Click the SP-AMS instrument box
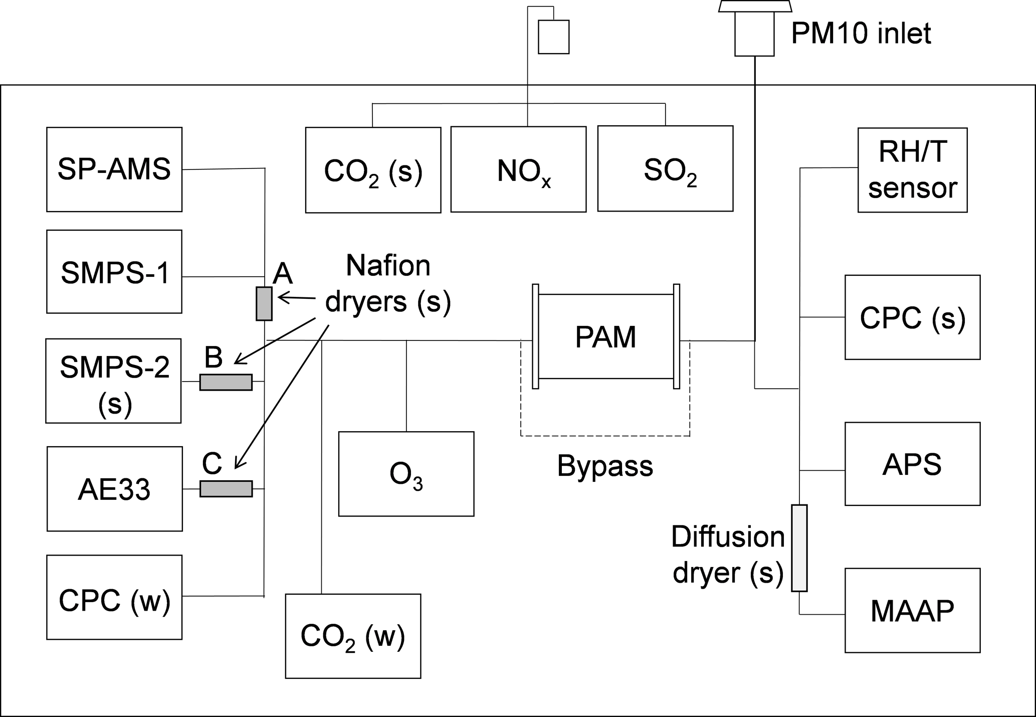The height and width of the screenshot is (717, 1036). [x=114, y=169]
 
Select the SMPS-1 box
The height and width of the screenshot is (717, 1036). [x=114, y=272]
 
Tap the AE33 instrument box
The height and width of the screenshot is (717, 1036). [x=115, y=489]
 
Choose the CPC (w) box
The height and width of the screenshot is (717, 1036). [x=114, y=597]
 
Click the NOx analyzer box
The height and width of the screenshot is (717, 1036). [x=518, y=169]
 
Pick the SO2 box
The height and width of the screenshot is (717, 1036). [x=665, y=168]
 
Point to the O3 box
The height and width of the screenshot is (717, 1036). [x=406, y=474]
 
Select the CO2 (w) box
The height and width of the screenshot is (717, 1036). [x=353, y=636]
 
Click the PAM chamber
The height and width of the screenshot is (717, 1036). [x=605, y=336]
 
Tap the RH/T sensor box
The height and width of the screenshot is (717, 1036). [x=912, y=170]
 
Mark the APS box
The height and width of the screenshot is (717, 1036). [x=912, y=464]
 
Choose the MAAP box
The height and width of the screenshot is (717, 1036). [x=912, y=610]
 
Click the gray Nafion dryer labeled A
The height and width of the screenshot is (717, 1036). [x=264, y=303]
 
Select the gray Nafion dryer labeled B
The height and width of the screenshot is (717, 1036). [x=226, y=382]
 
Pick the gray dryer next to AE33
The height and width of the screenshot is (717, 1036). [x=226, y=488]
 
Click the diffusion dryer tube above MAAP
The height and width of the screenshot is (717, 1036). [x=799, y=548]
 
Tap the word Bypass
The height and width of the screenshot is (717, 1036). [x=605, y=466]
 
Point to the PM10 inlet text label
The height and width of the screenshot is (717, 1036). [x=861, y=33]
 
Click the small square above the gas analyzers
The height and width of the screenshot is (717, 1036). [x=553, y=37]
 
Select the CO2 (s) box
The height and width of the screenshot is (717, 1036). [x=373, y=170]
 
